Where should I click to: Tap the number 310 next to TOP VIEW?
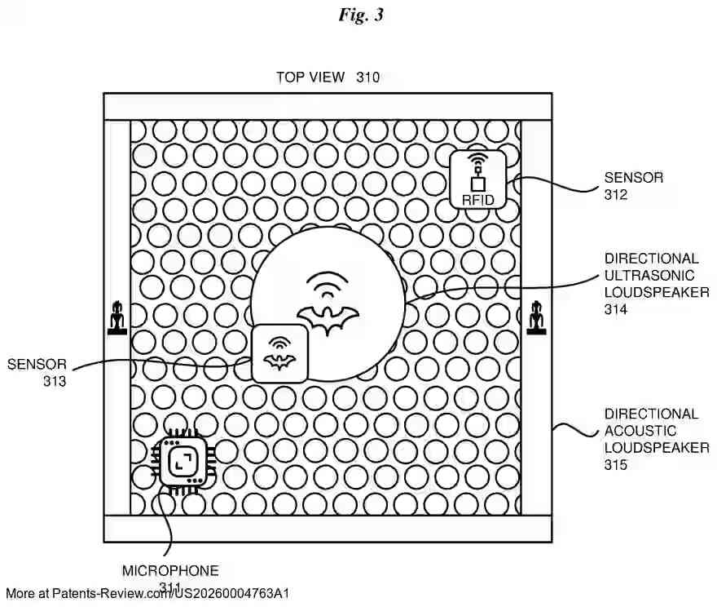[367, 78]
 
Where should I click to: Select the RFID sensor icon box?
[477, 179]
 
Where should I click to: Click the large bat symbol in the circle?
[328, 320]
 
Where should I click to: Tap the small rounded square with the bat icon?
[279, 353]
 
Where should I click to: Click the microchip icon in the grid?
[181, 463]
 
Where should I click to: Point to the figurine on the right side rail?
[536, 318]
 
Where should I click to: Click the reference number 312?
[616, 195]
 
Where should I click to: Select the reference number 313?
[55, 381]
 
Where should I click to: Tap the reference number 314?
[616, 309]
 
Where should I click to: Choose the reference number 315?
[616, 465]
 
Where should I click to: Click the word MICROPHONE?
[170, 571]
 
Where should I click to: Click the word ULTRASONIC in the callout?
[649, 275]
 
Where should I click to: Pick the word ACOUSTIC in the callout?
[640, 431]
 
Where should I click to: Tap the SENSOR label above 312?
[633, 177]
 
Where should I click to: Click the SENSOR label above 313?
[37, 364]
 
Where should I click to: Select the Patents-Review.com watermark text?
[147, 593]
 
